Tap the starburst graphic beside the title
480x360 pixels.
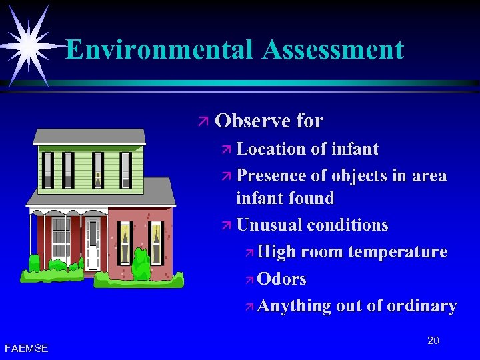[28, 44]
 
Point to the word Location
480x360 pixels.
[273, 149]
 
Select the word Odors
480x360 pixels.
[281, 279]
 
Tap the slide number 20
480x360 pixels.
[433, 341]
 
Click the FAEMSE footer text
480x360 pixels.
[26, 348]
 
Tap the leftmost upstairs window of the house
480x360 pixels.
[47, 169]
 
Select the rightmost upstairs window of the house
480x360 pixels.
[125, 169]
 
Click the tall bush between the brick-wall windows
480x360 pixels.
[141, 263]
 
